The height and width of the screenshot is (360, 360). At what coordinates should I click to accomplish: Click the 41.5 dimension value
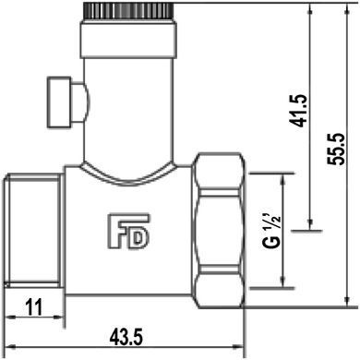[x=299, y=111]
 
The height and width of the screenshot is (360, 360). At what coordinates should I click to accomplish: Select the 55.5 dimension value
[x=336, y=150]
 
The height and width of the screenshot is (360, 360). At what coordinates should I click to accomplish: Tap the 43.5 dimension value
[x=126, y=338]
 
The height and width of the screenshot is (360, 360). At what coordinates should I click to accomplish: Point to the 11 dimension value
[x=34, y=307]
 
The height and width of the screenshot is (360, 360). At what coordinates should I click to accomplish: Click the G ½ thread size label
[x=271, y=230]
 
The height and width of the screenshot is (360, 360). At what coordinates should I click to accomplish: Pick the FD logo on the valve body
[x=128, y=232]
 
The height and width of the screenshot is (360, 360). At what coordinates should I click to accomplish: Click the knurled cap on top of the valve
[x=129, y=11]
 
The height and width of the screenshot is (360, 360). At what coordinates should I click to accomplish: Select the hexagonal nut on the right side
[x=219, y=231]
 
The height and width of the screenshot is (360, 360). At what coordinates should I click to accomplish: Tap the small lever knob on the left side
[x=59, y=102]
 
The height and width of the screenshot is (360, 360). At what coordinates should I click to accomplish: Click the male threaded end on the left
[x=34, y=231]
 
